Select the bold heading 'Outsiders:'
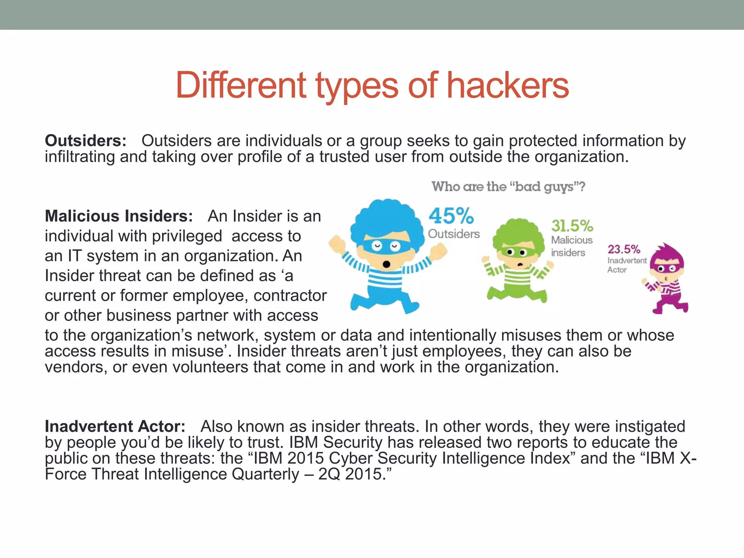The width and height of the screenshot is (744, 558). [x=86, y=141]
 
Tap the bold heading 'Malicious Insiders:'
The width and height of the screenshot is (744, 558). [x=119, y=216]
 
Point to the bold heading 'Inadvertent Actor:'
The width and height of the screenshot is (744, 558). [x=115, y=426]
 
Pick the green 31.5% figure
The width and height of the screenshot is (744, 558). [x=572, y=226]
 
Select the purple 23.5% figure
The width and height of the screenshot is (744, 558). [x=624, y=250]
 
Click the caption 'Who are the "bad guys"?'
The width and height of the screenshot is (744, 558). [x=508, y=187]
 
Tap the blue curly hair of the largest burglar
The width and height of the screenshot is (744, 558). [x=387, y=218]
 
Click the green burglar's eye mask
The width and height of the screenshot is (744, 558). [x=516, y=252]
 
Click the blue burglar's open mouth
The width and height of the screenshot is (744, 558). [x=387, y=264]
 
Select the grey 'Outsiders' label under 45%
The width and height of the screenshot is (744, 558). [x=454, y=234]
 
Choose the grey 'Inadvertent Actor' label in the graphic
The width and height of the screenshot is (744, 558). [x=626, y=265]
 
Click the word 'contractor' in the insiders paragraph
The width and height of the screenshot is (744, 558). [x=290, y=296]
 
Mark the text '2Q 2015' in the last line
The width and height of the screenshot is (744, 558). [x=349, y=474]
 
